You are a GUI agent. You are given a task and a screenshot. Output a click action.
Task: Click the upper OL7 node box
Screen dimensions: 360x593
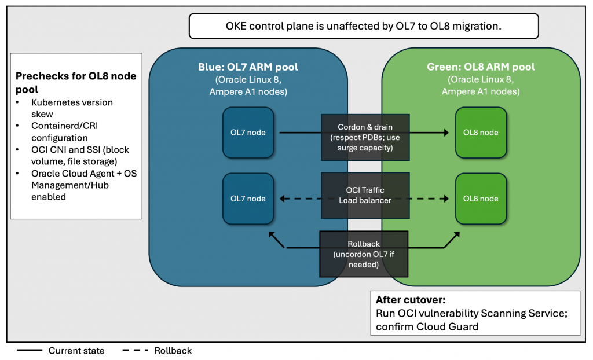coord(248,133)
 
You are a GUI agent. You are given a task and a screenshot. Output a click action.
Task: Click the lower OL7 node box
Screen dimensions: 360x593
coord(248,199)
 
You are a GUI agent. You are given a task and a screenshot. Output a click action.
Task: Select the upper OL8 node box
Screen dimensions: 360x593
coord(481,133)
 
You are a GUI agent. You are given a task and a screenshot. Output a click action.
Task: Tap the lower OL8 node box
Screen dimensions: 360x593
coord(481,199)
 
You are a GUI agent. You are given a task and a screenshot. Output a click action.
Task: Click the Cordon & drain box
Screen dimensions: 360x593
coord(365,137)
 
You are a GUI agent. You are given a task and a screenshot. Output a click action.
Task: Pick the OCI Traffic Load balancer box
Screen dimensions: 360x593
coord(365,195)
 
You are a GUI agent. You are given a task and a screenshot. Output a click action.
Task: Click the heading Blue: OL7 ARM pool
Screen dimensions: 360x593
coord(248,67)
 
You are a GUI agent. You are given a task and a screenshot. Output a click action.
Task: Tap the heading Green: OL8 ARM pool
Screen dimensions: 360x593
coord(480,67)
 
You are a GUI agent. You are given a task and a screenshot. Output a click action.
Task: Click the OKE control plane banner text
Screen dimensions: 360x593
coord(363,26)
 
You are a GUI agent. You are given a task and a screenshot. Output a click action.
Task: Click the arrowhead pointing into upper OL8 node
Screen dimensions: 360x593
coord(446,133)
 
